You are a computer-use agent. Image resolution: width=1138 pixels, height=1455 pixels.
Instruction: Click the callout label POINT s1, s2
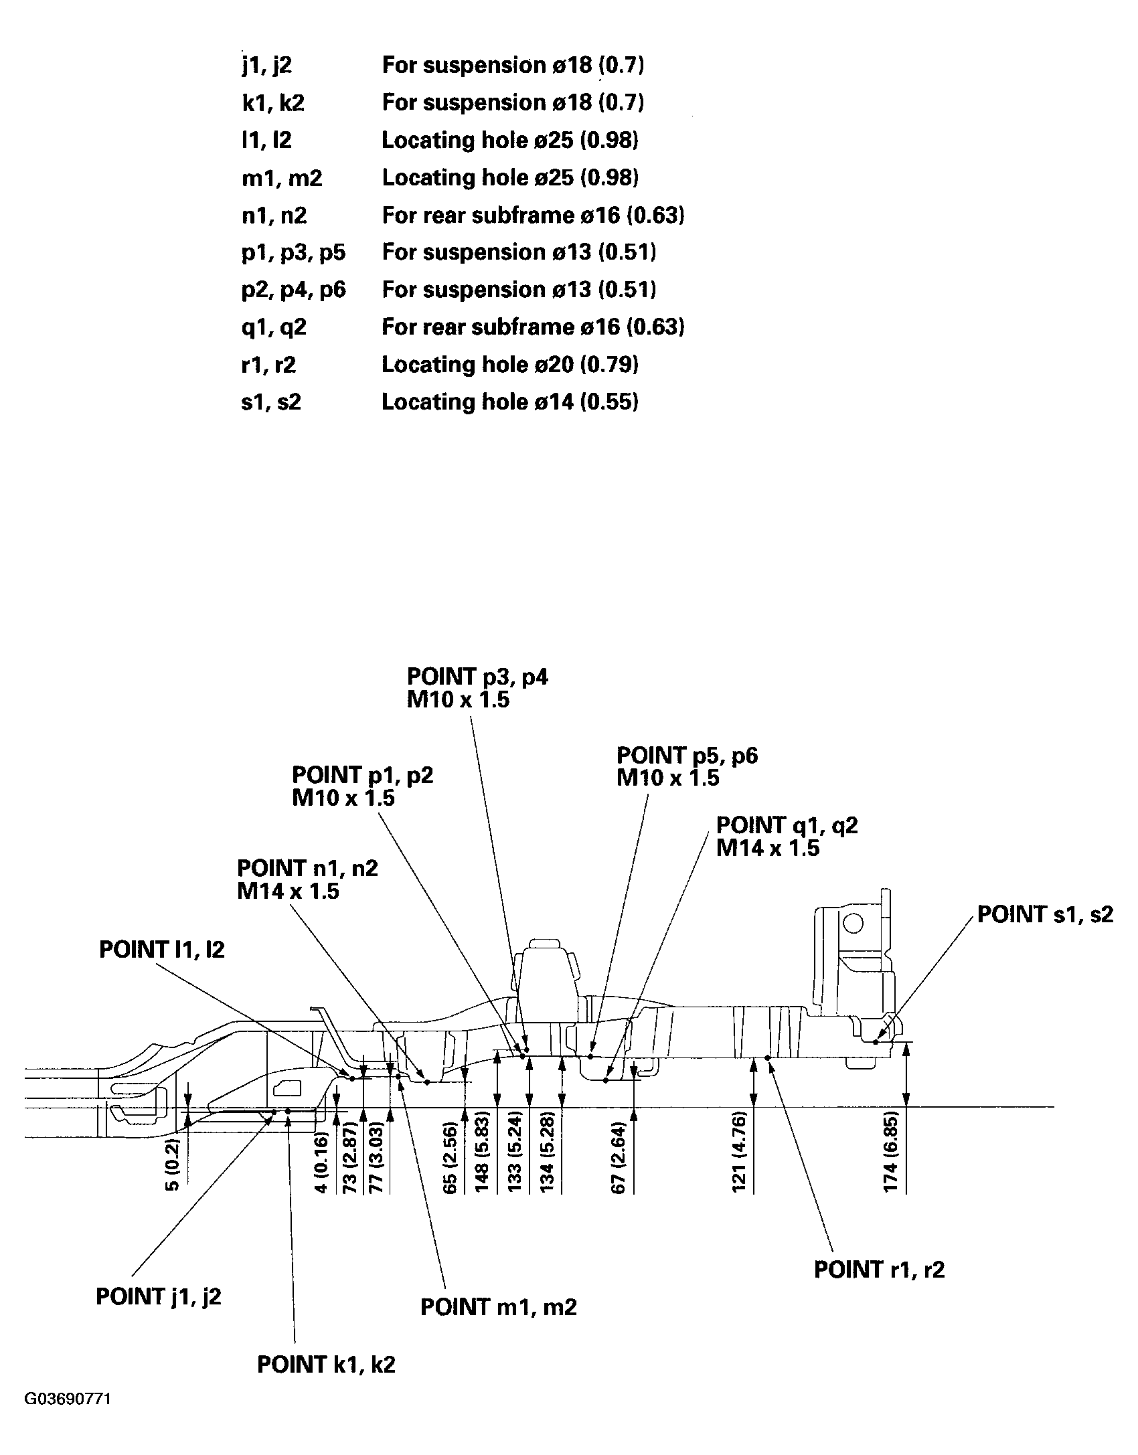click(x=1045, y=914)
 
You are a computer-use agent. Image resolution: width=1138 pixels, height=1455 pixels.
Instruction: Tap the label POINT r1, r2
click(x=879, y=1270)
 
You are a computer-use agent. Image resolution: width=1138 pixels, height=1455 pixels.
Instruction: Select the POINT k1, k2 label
click(x=326, y=1365)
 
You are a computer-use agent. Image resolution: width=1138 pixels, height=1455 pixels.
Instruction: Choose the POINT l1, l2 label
click(x=161, y=950)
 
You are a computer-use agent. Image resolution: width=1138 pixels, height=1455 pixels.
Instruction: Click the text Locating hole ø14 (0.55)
click(x=509, y=402)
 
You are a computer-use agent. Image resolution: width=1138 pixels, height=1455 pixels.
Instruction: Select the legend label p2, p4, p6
click(x=294, y=290)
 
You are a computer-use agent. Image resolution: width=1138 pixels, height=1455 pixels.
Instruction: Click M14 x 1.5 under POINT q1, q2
click(x=767, y=849)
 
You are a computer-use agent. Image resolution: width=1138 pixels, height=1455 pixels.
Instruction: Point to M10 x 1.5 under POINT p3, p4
click(x=458, y=700)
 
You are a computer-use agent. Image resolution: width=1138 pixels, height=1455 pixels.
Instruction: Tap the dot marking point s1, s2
click(x=876, y=1041)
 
